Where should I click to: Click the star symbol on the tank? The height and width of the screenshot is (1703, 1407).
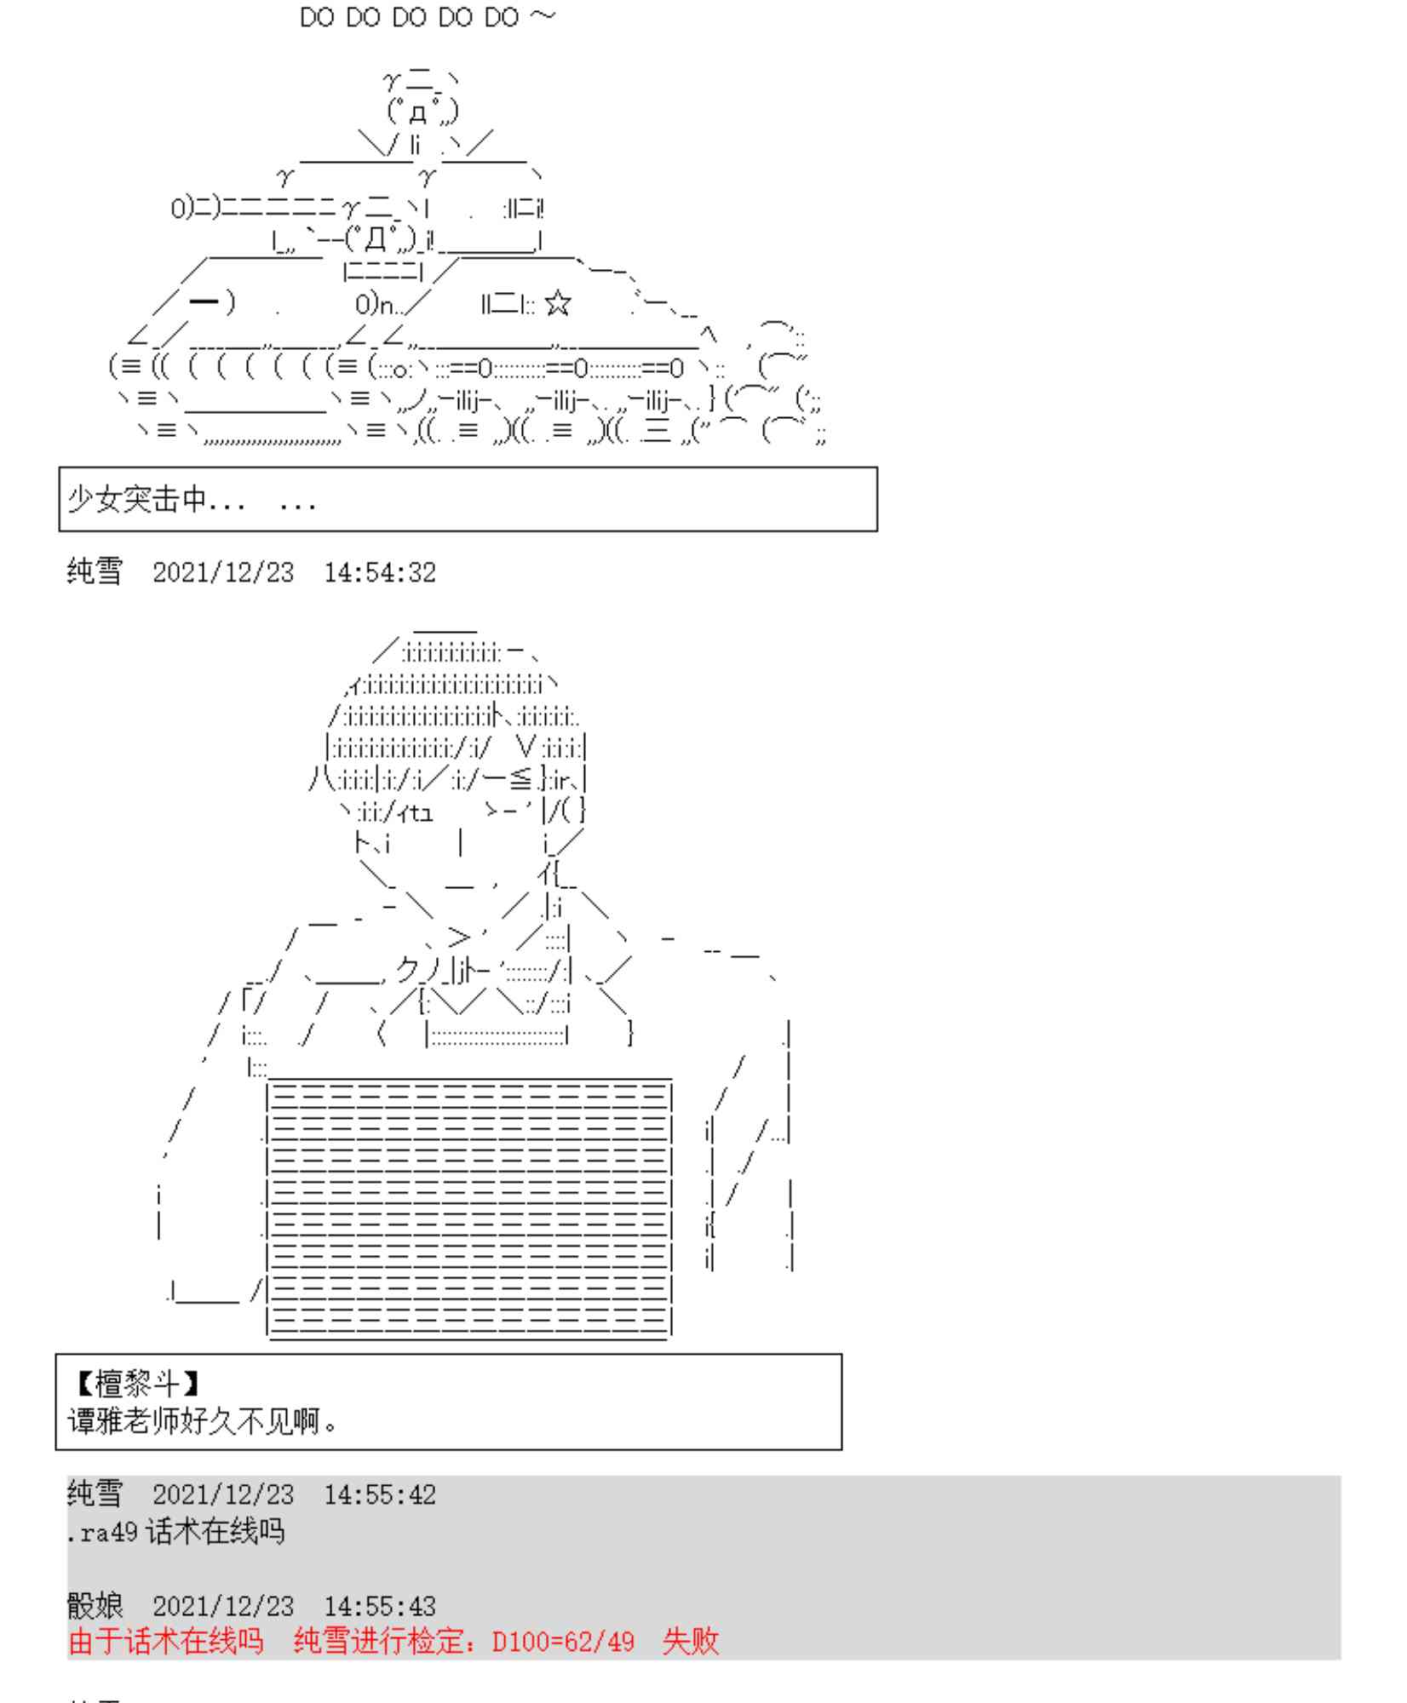[557, 303]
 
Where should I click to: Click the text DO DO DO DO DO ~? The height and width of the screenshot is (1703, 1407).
[428, 18]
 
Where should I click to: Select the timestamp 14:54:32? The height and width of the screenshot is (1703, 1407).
[379, 572]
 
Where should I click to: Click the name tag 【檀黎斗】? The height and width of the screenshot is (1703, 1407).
[136, 1384]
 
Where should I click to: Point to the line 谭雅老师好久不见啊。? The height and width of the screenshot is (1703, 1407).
[203, 1420]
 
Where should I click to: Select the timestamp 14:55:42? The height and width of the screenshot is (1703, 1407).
[379, 1495]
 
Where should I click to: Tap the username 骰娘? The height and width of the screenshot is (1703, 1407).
[95, 1606]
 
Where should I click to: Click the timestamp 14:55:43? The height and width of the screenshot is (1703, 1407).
[379, 1607]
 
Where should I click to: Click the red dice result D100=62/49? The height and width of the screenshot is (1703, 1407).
[563, 1642]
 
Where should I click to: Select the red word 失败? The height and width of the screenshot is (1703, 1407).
[690, 1642]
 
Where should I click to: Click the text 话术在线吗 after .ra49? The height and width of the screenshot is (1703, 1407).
[215, 1533]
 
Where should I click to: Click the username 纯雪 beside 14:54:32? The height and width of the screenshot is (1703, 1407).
[95, 572]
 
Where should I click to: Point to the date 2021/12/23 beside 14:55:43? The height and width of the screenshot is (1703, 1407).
[223, 1607]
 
